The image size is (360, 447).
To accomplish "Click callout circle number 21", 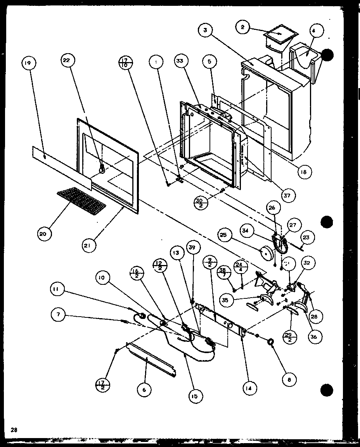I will (89, 245).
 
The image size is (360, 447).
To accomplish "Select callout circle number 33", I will (181, 61).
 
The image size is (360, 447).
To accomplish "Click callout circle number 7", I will (58, 315).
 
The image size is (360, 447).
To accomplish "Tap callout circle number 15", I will (194, 396).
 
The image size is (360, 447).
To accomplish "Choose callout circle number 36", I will (313, 337).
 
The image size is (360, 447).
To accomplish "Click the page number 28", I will (14, 430).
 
